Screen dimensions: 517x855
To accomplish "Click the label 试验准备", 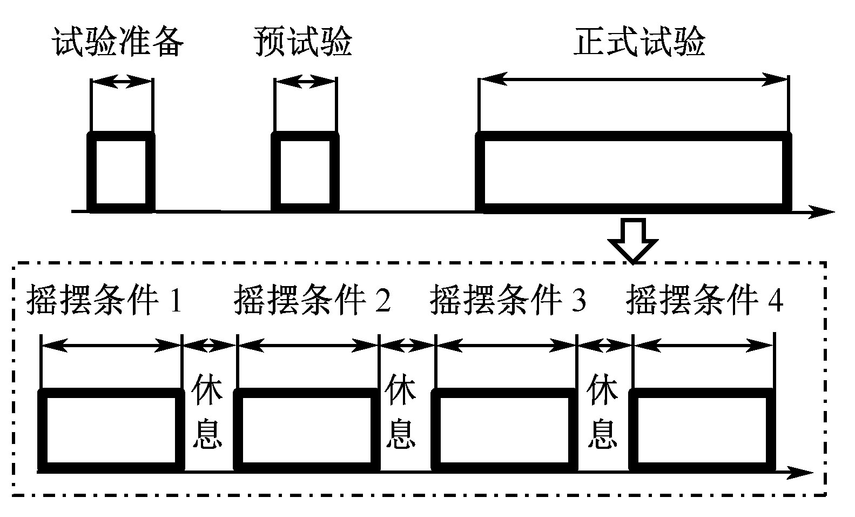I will click(x=118, y=42).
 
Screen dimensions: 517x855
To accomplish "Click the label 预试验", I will click(x=303, y=42).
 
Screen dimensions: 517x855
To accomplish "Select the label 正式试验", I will click(x=639, y=42).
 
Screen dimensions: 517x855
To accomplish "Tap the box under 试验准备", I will click(x=121, y=171).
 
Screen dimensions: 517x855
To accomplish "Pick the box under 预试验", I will click(x=305, y=171).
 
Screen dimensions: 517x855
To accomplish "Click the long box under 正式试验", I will click(x=634, y=171).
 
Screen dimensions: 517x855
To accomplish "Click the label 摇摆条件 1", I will click(x=104, y=300).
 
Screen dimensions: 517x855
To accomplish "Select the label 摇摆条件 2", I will click(x=312, y=300).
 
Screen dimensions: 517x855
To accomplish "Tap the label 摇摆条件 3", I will click(x=508, y=300).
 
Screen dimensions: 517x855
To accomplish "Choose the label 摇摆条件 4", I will click(x=704, y=300).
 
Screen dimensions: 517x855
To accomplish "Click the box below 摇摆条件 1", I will click(x=112, y=430).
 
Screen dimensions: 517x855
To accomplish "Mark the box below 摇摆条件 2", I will click(x=307, y=430).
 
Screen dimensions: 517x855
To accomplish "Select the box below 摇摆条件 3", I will click(x=504, y=430).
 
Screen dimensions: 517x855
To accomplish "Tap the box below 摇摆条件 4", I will click(x=702, y=430).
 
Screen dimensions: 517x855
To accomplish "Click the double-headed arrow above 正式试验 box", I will click(x=634, y=80).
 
